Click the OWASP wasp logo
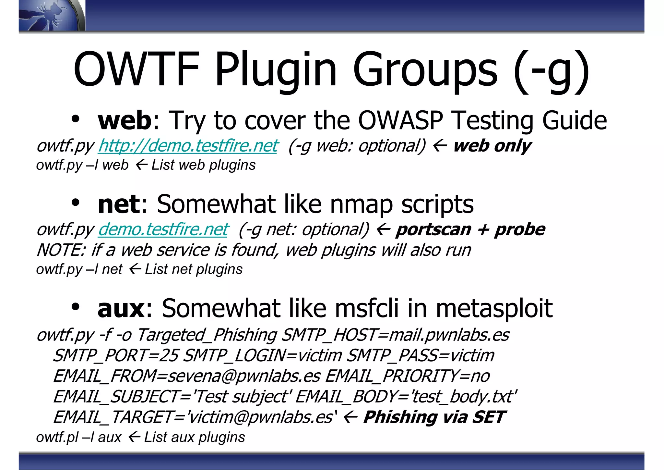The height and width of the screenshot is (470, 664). pyautogui.click(x=49, y=16)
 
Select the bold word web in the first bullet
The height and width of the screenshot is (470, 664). pyautogui.click(x=124, y=120)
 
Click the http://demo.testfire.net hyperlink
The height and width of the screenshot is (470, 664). pyautogui.click(x=188, y=146)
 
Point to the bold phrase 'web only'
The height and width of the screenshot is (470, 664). pyautogui.click(x=492, y=146)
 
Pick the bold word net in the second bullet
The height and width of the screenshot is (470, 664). pyautogui.click(x=119, y=204)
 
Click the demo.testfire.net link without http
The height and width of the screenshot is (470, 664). pyautogui.click(x=163, y=229)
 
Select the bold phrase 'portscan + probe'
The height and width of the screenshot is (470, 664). pyautogui.click(x=470, y=229)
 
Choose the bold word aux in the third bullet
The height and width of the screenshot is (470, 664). pyautogui.click(x=121, y=308)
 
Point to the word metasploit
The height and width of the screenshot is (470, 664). pyautogui.click(x=494, y=308)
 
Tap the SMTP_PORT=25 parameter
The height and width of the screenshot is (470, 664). pyautogui.click(x=115, y=355)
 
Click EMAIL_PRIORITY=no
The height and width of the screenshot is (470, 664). pyautogui.click(x=407, y=376)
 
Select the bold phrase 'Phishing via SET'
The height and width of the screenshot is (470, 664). pyautogui.click(x=434, y=417)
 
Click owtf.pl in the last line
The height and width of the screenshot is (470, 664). pyautogui.click(x=57, y=437)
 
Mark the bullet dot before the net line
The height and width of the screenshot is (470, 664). pyautogui.click(x=75, y=204)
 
